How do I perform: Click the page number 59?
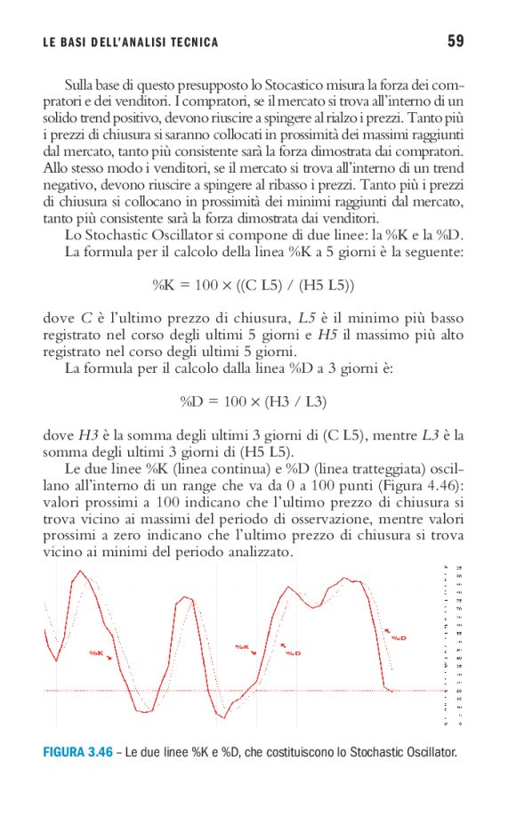click(456, 41)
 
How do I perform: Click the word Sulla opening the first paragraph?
click(83, 85)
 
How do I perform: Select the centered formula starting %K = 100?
click(254, 286)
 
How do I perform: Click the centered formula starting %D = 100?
click(254, 401)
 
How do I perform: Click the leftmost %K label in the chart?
click(97, 653)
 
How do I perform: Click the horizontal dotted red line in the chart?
click(222, 691)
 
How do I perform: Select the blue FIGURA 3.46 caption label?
click(78, 753)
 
